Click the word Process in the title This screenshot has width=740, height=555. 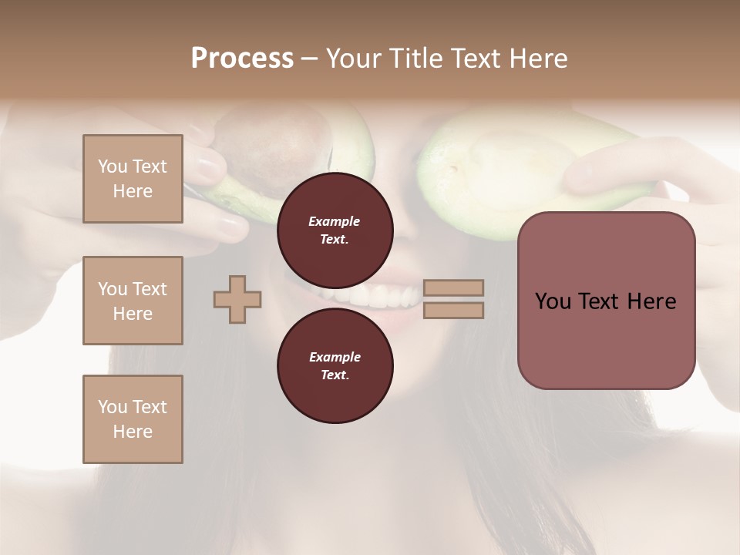click(242, 59)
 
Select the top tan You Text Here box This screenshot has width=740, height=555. click(133, 179)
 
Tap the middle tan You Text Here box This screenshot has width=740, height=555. click(133, 301)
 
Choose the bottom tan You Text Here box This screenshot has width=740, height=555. click(133, 419)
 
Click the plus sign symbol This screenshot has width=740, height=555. click(237, 299)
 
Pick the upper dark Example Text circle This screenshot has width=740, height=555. click(335, 230)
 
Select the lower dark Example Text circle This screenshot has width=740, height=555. click(335, 365)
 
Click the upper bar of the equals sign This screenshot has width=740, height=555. click(454, 288)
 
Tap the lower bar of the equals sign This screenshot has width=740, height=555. click(454, 310)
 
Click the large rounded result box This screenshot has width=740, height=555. click(606, 301)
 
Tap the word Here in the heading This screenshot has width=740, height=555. click(537, 59)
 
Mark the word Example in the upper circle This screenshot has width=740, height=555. click(335, 221)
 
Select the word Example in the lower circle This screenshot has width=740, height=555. click(335, 357)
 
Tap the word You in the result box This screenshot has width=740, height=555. click(553, 301)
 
